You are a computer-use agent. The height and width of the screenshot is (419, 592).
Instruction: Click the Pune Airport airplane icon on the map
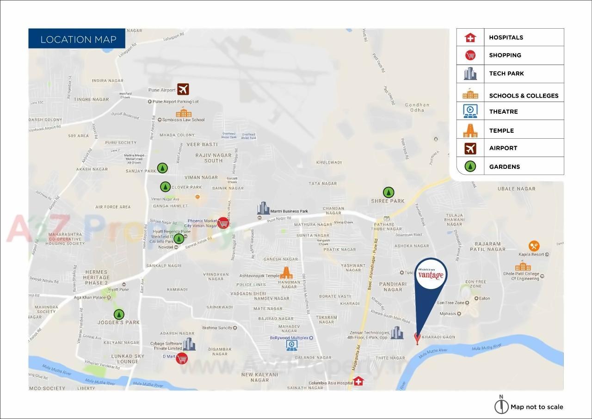pos(183,89)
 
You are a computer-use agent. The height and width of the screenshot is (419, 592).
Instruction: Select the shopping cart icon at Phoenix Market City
pos(223,222)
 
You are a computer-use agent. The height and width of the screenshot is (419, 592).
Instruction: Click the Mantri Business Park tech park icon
pos(263,208)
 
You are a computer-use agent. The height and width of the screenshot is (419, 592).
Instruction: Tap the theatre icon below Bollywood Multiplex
pos(292,345)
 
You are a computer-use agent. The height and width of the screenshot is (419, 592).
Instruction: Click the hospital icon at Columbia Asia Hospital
pos(358,381)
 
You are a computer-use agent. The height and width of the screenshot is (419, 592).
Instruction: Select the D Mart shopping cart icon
pos(182,358)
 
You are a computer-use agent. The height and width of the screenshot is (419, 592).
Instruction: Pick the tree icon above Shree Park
pos(388,192)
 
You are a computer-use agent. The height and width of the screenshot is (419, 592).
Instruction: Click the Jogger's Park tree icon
pos(119,314)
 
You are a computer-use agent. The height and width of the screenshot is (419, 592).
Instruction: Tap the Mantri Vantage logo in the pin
pos(431,274)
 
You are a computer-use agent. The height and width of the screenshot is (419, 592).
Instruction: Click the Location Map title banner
pos(77,39)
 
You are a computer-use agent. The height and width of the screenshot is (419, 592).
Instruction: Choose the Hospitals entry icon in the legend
pos(470,37)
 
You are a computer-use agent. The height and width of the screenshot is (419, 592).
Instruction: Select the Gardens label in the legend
pos(504,166)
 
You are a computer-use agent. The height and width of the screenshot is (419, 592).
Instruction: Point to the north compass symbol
pos(501,406)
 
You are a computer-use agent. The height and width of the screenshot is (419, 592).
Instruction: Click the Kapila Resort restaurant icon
pos(534,246)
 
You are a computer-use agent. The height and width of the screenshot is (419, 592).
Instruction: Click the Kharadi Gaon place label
pos(438,337)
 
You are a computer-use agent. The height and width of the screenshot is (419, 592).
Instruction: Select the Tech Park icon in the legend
pos(470,74)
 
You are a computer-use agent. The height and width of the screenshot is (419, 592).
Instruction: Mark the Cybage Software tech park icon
pos(189,344)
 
